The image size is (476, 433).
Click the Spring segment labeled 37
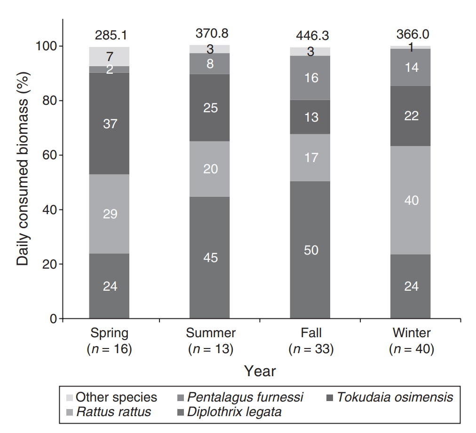click(x=109, y=124)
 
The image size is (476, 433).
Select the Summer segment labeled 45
click(x=210, y=257)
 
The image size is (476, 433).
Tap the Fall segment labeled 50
click(x=310, y=250)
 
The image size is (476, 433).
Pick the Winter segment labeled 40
click(x=411, y=201)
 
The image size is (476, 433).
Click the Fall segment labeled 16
click(x=310, y=78)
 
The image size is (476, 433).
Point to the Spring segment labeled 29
click(x=109, y=214)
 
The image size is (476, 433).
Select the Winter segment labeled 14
click(x=411, y=68)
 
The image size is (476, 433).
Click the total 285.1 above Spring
click(x=111, y=35)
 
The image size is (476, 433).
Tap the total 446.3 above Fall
click(x=312, y=35)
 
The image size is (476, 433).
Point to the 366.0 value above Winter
click(x=413, y=34)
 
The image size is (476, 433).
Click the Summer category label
click(x=210, y=333)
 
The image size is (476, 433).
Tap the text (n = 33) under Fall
click(x=311, y=349)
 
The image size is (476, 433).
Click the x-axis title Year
click(x=260, y=371)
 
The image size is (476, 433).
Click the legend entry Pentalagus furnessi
click(x=245, y=397)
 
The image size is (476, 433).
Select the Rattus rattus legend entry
click(x=113, y=412)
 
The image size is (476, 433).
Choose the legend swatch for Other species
click(x=69, y=398)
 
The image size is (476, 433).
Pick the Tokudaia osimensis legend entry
click(x=395, y=397)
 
